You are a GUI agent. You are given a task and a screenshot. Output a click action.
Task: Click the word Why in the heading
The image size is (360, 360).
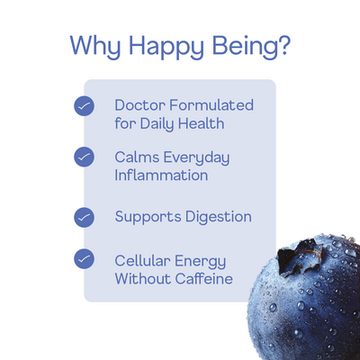click(94, 46)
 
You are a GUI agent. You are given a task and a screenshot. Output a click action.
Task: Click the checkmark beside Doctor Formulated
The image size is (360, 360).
click(84, 106)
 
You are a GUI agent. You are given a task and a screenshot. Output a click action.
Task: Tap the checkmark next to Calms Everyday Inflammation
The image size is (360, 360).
click(84, 158)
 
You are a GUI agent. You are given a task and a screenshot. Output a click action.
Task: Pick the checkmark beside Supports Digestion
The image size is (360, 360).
click(84, 217)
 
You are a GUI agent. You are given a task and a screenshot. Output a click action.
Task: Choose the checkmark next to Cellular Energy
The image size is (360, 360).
click(84, 259)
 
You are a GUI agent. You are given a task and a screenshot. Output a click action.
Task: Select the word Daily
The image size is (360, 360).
click(162, 123)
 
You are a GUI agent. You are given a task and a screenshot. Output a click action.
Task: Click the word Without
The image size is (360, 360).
click(142, 279)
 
